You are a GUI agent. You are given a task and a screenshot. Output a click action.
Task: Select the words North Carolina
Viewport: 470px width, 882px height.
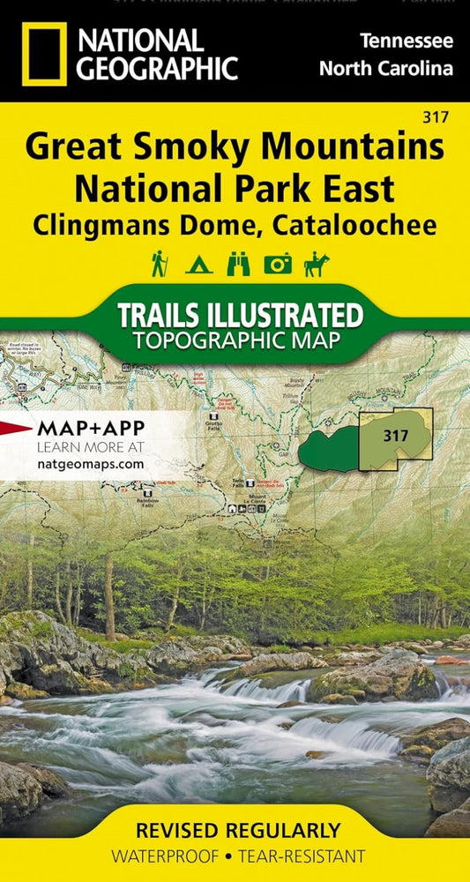386,69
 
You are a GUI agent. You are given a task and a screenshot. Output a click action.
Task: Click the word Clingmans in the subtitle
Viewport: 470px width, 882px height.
98,224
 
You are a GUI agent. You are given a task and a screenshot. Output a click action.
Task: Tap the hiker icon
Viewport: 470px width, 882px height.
160,263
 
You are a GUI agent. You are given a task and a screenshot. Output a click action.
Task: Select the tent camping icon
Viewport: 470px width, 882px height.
199,264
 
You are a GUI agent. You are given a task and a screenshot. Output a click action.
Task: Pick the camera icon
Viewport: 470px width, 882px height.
278,264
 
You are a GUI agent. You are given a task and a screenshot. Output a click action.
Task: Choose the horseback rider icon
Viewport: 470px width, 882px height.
315,263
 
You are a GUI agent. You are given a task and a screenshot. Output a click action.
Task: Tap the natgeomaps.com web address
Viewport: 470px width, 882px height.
90,462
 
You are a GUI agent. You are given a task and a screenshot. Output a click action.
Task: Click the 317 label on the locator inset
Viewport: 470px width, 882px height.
396,435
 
